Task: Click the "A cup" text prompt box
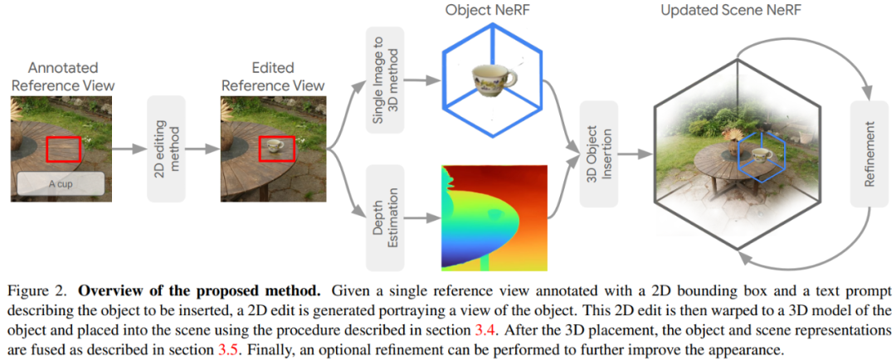[60, 184]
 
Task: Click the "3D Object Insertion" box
[597, 155]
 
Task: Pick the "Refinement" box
[869, 154]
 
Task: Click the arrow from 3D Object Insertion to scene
[633, 154]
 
